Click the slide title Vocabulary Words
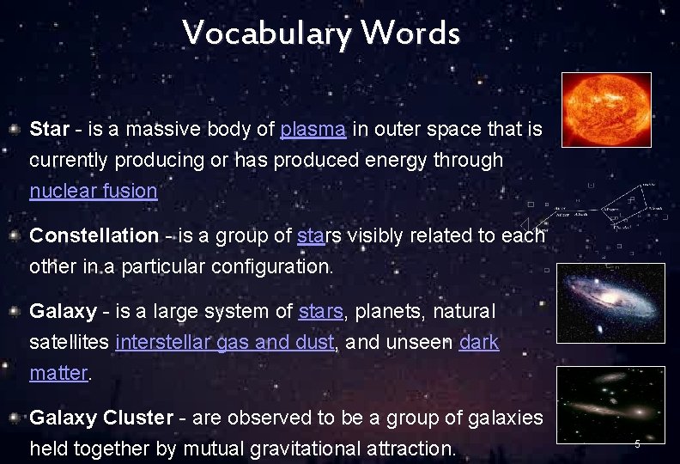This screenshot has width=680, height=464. pos(321,34)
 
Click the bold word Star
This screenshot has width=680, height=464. pos(49,130)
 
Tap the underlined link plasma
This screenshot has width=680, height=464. pos(313,130)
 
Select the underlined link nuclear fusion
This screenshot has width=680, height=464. pos(94,191)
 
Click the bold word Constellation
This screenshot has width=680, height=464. pos(94,235)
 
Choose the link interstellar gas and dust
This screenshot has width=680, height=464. pos(224,342)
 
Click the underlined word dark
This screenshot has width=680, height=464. pos(479,342)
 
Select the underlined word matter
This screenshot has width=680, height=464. pos(58,373)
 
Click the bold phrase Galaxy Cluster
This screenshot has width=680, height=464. pos(101,418)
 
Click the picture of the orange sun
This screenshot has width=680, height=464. pos(606,109)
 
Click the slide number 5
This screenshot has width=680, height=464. pos(637,444)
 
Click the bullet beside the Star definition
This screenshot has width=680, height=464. pos(15,131)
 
